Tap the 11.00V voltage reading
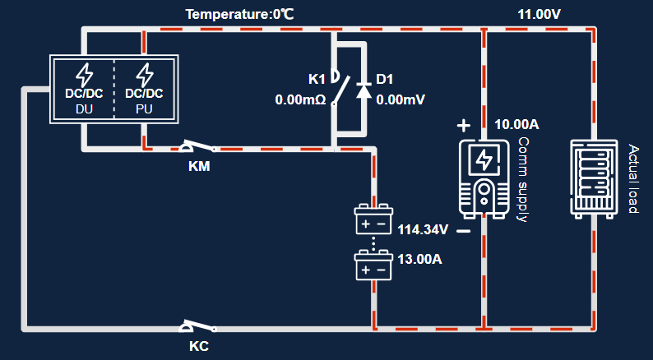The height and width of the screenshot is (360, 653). tap(539, 14)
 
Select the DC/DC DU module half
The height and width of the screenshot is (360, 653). tap(84, 90)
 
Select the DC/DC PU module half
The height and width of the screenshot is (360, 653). tap(144, 90)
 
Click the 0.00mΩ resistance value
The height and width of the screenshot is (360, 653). tap(301, 100)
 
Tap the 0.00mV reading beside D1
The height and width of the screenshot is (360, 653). tap(401, 100)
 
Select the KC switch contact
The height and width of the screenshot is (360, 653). tap(197, 326)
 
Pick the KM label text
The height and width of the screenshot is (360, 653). tap(199, 166)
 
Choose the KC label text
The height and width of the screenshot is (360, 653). tap(199, 346)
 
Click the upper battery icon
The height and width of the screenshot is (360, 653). tap(373, 220)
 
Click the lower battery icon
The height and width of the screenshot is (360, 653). tap(373, 266)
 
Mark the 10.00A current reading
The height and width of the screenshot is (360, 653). tap(516, 125)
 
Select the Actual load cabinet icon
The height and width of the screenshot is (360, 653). tap(593, 178)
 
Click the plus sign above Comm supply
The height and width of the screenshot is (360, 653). tap(464, 126)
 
